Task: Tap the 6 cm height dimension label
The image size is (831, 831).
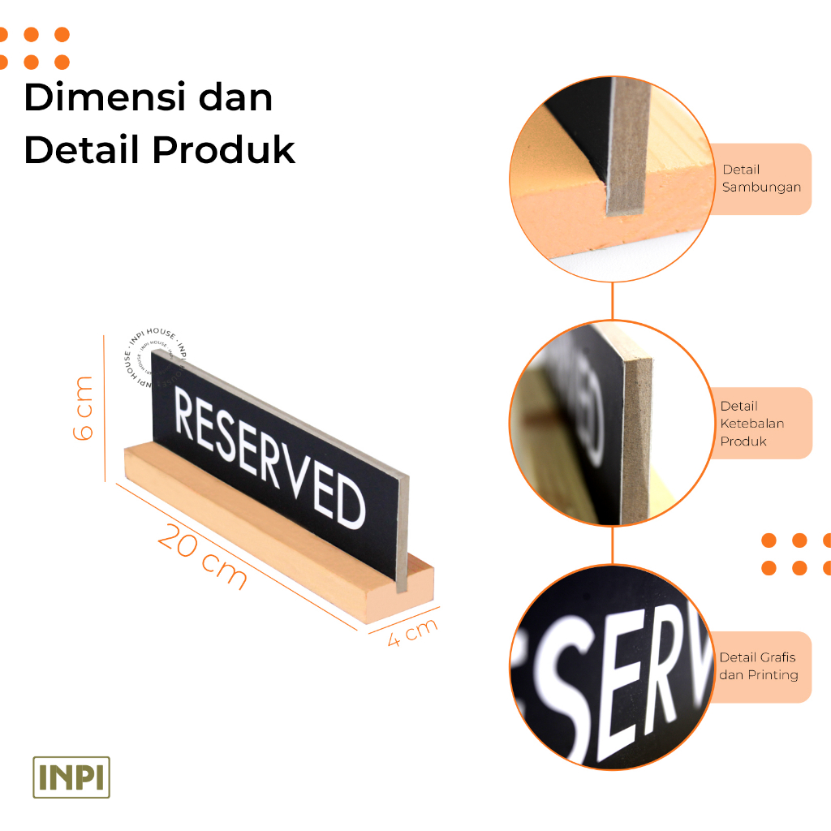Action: tap(84, 407)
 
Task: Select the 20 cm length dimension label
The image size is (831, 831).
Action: tap(202, 555)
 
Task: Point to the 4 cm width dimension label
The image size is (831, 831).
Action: tap(412, 631)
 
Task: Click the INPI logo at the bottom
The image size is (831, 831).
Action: tap(71, 777)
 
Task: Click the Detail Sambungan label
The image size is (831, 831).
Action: tap(761, 179)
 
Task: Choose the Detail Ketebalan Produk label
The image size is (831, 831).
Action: tap(751, 424)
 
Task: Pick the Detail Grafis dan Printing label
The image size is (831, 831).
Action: tap(757, 666)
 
